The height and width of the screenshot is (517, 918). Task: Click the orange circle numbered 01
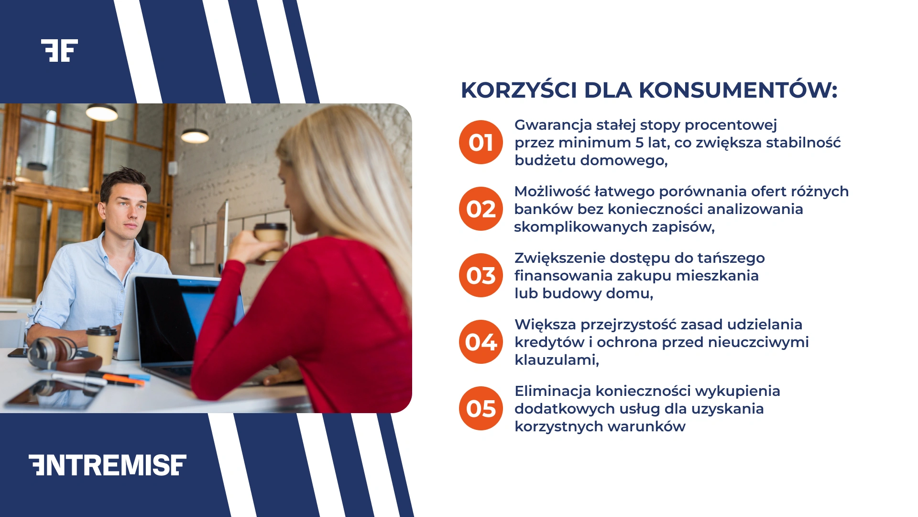(x=481, y=142)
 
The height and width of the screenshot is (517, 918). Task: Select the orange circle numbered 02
(x=481, y=209)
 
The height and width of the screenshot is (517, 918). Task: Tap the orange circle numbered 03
(x=481, y=275)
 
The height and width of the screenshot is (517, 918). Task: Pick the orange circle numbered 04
(x=481, y=342)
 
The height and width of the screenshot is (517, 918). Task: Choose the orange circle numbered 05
(x=481, y=408)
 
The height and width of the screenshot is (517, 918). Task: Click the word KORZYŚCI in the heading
(x=519, y=90)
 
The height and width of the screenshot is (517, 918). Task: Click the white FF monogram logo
(x=59, y=50)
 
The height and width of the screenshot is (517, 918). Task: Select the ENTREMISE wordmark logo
(x=108, y=465)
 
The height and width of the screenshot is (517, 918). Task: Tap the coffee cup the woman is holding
(x=271, y=241)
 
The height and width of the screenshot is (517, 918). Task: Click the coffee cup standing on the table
(x=101, y=344)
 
